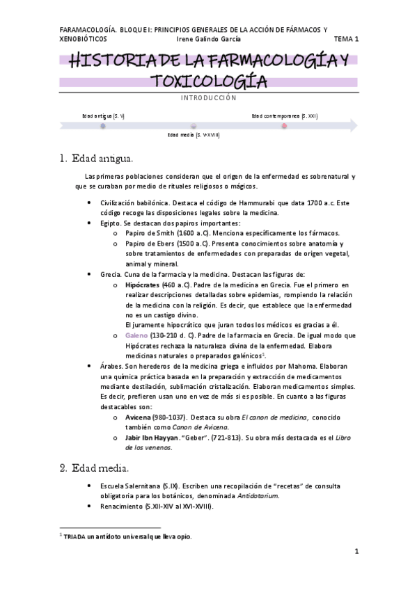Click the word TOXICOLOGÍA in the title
[208, 81]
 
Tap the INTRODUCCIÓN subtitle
[208, 99]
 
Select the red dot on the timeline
[284, 126]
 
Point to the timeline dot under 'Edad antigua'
[103, 126]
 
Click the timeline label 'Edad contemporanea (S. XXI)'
[284, 116]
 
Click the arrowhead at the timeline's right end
[353, 126]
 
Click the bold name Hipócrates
[141, 285]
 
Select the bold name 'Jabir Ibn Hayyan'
[152, 438]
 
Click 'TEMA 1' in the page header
[345, 40]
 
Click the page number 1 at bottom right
[356, 552]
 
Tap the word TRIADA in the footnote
[75, 536]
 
